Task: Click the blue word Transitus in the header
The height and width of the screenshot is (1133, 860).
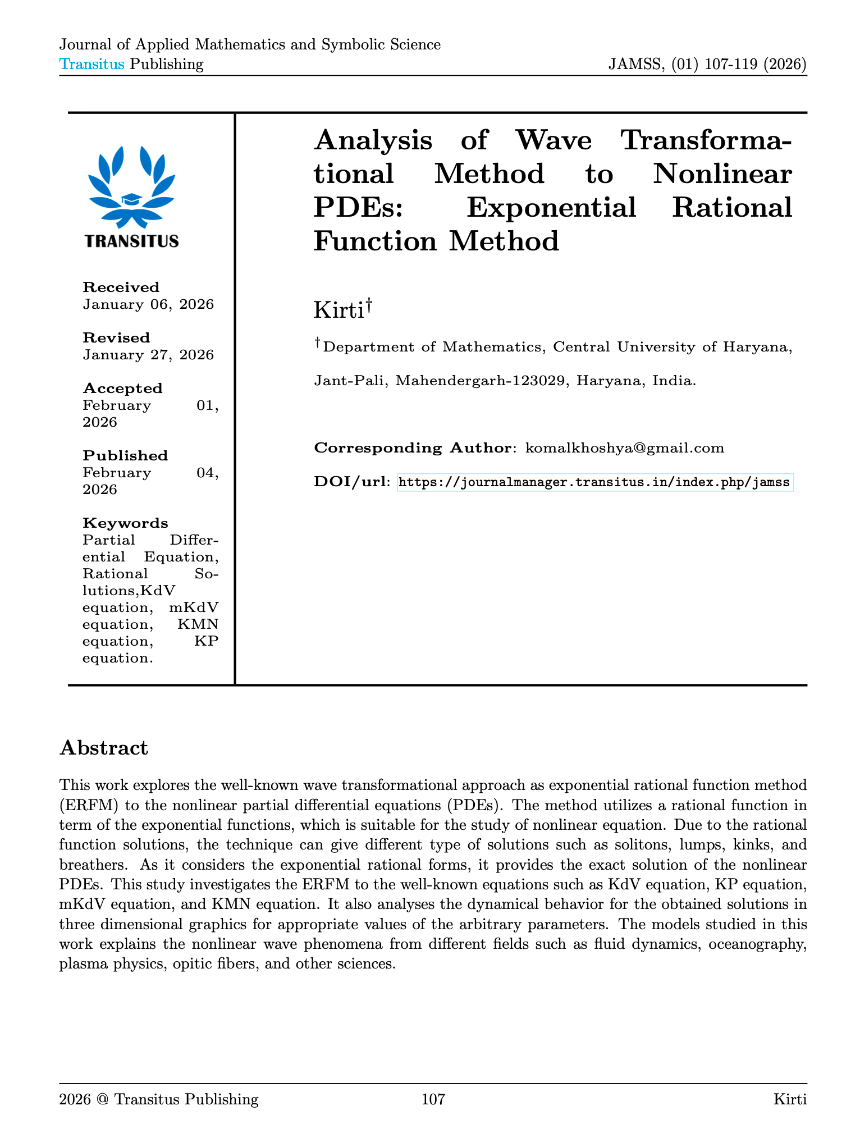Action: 92,64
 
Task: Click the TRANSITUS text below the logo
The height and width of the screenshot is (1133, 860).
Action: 132,241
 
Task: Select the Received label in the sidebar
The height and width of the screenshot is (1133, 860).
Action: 121,287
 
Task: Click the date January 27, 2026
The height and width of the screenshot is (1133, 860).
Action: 148,355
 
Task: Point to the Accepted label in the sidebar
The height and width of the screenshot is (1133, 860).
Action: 122,389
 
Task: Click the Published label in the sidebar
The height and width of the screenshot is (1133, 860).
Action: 125,456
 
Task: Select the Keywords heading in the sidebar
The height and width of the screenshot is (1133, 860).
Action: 125,523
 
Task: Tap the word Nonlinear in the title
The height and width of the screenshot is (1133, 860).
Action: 722,173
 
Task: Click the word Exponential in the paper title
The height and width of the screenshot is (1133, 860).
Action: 551,207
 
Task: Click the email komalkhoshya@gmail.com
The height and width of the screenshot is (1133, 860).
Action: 624,448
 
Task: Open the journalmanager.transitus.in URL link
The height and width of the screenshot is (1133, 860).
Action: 595,482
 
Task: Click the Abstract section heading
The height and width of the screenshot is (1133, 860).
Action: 103,748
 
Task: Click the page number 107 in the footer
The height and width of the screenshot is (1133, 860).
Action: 433,1099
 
